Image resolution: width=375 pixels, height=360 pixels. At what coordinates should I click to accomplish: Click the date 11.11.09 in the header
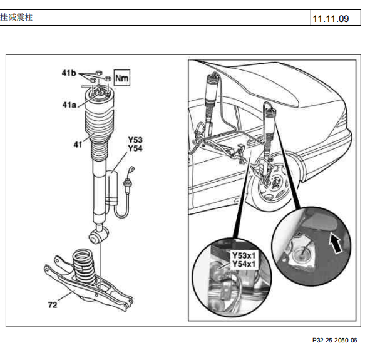point(331,19)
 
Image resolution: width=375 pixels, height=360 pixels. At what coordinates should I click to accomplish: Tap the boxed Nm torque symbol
point(121,78)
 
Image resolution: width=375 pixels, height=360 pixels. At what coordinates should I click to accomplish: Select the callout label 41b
point(69,73)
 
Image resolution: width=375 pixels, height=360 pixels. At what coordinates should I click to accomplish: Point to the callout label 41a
point(69,105)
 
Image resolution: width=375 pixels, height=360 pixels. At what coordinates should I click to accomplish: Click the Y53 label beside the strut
point(135,140)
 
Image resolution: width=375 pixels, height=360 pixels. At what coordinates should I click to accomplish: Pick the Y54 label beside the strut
point(135,148)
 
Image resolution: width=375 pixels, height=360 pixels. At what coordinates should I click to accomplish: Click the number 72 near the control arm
point(53,305)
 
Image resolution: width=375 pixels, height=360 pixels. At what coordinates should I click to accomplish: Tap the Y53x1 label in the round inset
point(244,255)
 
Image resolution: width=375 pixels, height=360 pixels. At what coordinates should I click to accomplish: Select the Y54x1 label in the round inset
point(244,264)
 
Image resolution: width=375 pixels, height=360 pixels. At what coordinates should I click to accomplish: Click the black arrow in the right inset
point(336,243)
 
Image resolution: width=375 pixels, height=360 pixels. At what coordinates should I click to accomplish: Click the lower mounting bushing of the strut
point(98,235)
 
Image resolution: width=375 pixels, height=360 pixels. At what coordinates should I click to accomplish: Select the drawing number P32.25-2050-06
point(334,340)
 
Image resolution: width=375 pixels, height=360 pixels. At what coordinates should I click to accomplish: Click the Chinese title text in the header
point(16,18)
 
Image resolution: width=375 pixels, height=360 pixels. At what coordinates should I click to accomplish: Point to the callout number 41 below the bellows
point(78,145)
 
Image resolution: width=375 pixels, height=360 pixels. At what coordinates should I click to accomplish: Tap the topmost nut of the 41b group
point(98,72)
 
